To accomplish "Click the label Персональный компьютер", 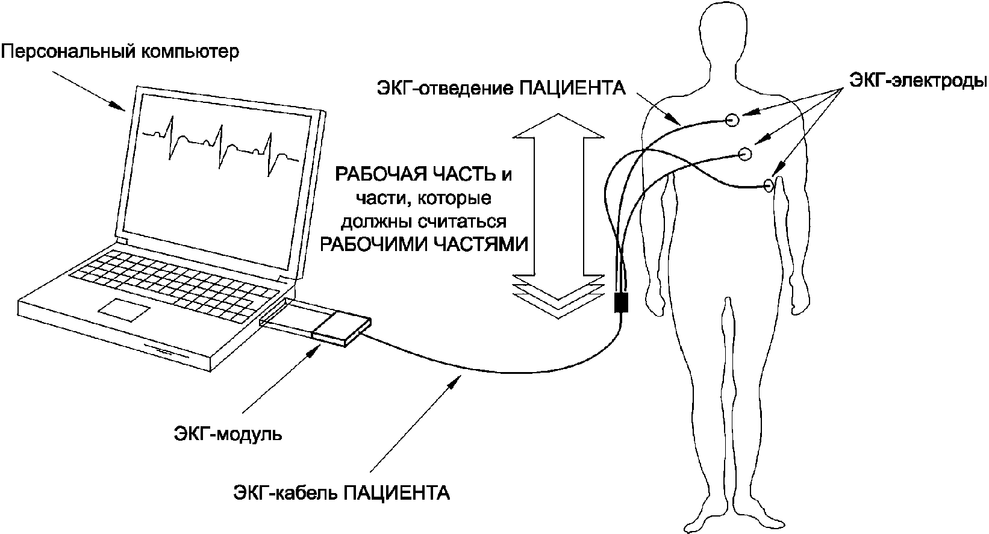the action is (x=120, y=52).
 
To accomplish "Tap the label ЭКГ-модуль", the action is (x=228, y=433).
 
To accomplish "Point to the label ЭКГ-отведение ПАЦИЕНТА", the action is (x=500, y=89).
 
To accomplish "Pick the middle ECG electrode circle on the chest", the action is (x=745, y=155).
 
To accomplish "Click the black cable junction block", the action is (x=621, y=302).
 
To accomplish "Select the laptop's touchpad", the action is (x=125, y=309).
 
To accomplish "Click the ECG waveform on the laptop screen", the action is (x=220, y=144).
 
